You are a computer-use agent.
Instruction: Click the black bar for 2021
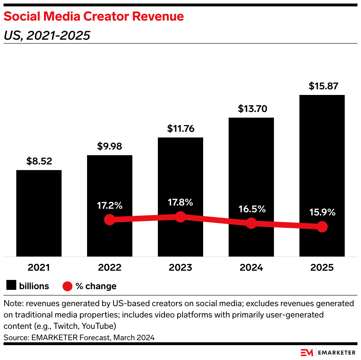pos(39,213)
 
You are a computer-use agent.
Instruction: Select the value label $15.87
pos(322,86)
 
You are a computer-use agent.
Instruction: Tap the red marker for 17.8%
pos(180,217)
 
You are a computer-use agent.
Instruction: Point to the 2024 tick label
pos(251,268)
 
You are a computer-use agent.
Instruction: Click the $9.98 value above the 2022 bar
pos(110,146)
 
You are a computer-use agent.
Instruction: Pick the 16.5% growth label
pos(251,209)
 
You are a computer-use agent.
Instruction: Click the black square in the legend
pos(11,286)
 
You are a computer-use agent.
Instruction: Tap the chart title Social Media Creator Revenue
pos(94,16)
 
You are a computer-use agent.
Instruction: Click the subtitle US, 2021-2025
pos(47,35)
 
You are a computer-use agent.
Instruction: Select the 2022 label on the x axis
pos(110,268)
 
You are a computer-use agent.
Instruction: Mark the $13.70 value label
pos(251,109)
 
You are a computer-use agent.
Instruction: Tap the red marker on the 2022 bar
pos(110,220)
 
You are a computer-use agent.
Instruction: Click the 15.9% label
pos(322,213)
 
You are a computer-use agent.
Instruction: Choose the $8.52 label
pos(39,161)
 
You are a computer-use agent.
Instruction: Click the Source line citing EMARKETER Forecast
pos(79,337)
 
